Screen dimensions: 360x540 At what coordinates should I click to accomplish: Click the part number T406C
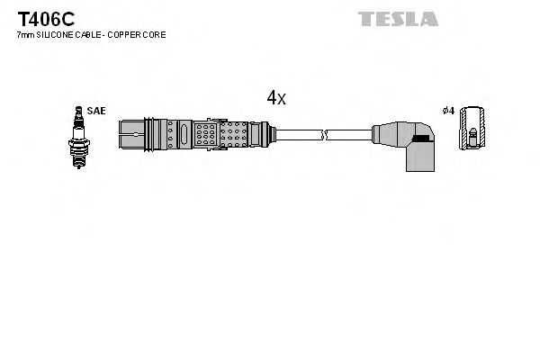[41, 18]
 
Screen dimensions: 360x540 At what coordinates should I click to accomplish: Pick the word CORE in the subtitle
[154, 34]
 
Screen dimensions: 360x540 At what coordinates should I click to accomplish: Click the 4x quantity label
[275, 98]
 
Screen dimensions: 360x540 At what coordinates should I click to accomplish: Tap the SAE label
[96, 111]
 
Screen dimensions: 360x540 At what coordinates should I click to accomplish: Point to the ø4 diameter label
[447, 111]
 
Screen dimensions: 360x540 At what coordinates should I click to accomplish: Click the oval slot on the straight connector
[183, 135]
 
